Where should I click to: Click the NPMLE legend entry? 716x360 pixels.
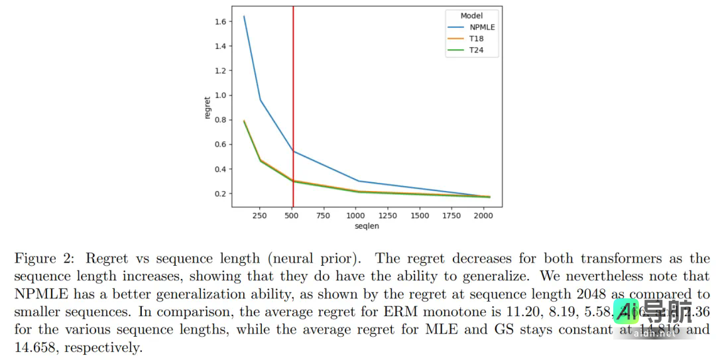482,27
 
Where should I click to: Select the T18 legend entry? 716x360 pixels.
477,39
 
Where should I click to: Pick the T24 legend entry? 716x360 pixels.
477,50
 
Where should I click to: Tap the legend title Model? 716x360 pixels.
471,15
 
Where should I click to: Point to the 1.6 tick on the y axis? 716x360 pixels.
220,22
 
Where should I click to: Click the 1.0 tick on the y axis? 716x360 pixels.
220,95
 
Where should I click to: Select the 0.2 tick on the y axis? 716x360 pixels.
220,194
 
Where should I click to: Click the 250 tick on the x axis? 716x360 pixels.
261,215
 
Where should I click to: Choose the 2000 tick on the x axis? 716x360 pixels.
484,215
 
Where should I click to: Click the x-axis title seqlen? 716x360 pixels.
367,226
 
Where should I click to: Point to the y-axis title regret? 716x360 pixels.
208,108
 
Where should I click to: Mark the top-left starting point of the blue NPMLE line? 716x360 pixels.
244,17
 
